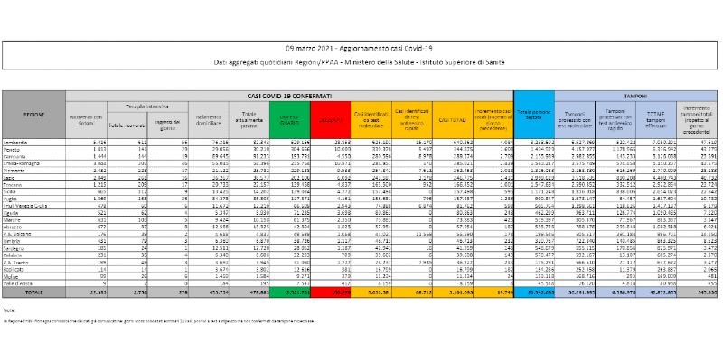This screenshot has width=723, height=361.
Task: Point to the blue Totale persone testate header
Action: pos(533,117)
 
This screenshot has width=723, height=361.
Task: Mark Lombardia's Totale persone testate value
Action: pos(533,142)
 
